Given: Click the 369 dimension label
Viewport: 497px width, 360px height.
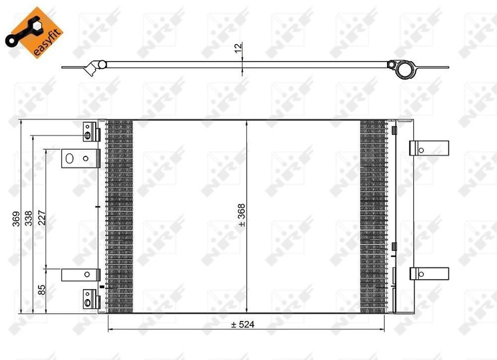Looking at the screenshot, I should (x=16, y=219).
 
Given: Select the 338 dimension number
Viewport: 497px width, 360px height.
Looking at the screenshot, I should (x=28, y=219).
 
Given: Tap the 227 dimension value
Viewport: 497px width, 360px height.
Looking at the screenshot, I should (x=41, y=219).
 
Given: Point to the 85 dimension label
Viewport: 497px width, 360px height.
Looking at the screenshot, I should (x=41, y=290).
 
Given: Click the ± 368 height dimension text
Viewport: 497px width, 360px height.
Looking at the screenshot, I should (x=241, y=214).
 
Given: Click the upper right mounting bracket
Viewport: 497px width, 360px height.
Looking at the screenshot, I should (x=429, y=148).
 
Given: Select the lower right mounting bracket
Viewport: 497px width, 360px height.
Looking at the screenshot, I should (x=429, y=274).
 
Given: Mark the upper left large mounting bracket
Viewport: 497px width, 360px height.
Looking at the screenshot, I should (x=78, y=157).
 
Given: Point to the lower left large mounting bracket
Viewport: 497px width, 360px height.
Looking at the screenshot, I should (x=78, y=274).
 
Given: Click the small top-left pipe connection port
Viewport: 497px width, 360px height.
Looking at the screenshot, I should (x=89, y=132).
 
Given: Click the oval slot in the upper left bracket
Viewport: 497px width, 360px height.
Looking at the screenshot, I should (x=70, y=157).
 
